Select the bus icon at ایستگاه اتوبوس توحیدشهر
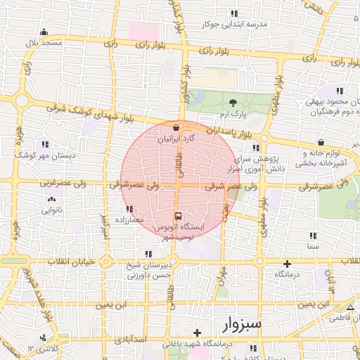tap(177, 216)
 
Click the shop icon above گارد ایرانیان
tap(175, 128)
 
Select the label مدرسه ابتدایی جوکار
tap(235, 24)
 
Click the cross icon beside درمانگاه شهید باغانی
tap(198, 332)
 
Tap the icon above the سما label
tap(312, 236)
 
